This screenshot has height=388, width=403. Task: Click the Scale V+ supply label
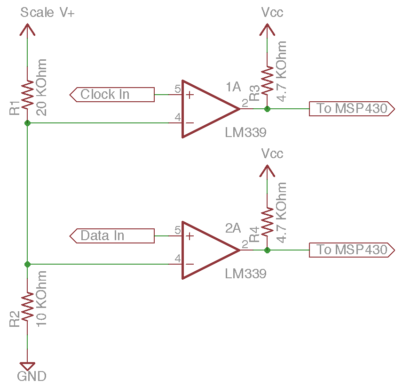tap(47, 13)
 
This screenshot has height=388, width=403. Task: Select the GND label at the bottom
tap(32, 376)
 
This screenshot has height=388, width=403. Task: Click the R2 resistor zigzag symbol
tap(27, 307)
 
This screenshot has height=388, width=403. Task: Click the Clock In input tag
tap(112, 95)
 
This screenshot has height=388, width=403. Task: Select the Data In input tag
tap(112, 235)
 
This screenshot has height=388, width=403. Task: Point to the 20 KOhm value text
tap(41, 87)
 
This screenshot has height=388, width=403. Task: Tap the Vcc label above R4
tap(273, 154)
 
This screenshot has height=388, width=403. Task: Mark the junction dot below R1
tap(27, 123)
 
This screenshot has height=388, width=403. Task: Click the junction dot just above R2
tap(27, 264)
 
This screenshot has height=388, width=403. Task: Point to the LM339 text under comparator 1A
tap(245, 133)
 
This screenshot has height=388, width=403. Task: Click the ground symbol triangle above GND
tap(27, 365)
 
